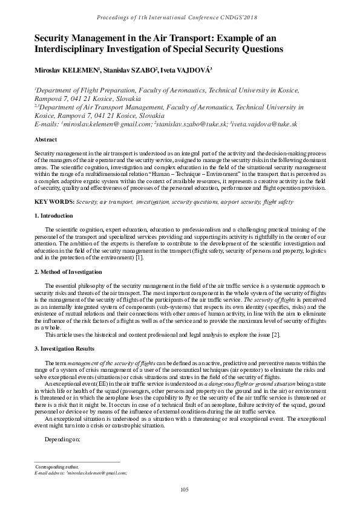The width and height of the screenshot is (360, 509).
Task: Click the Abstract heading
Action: tap(47, 139)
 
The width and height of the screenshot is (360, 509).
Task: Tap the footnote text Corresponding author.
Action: tap(57, 467)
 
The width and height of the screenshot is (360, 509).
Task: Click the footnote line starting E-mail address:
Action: tap(80, 473)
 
